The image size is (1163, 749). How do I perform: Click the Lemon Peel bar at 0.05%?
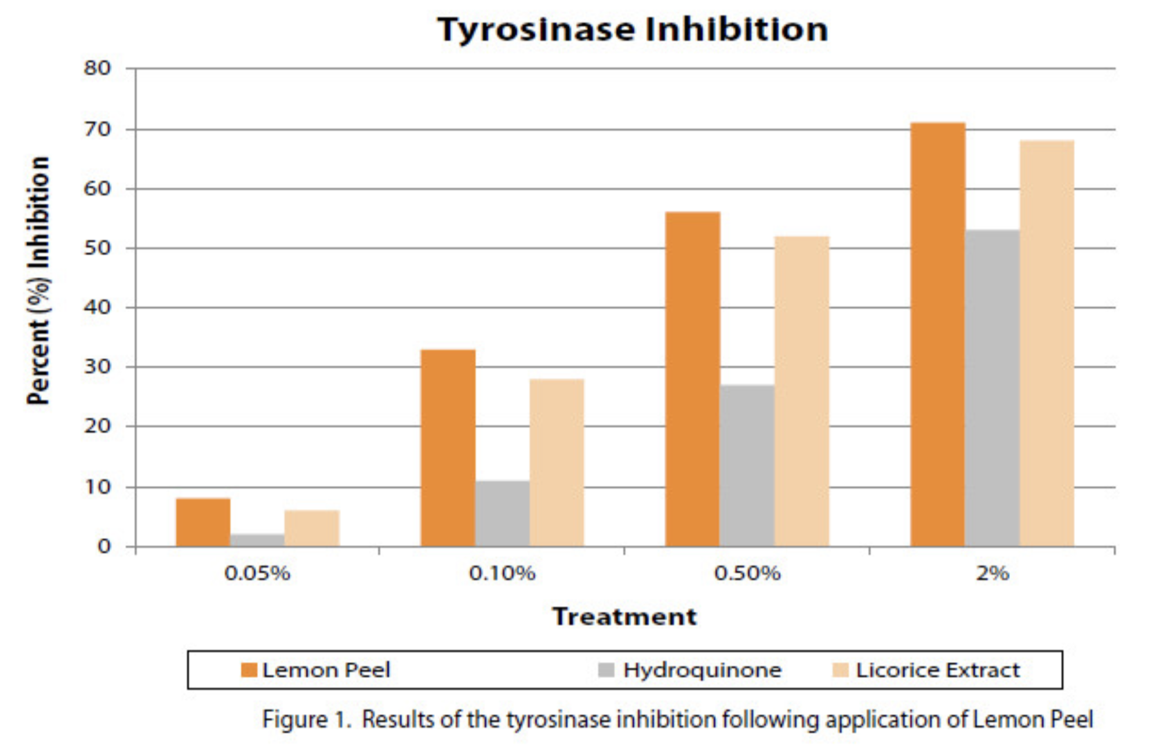point(203,522)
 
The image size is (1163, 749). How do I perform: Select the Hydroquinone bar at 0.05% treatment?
point(257,540)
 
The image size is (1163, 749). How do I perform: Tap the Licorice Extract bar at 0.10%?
point(557,462)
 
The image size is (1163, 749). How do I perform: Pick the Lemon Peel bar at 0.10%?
point(448,448)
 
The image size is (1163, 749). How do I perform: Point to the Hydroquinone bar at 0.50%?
point(747,466)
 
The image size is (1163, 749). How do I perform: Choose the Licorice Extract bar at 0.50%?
point(802,391)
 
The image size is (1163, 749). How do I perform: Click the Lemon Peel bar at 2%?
point(937,334)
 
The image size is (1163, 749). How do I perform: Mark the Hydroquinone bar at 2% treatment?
point(992,388)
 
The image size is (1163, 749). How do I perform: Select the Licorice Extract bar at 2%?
point(1046,343)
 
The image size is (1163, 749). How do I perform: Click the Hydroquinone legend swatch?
point(606,670)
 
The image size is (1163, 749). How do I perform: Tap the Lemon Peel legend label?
point(326,670)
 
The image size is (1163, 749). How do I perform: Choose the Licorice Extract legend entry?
point(937,670)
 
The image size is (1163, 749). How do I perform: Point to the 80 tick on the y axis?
point(97,68)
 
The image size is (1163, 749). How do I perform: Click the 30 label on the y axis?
point(97,366)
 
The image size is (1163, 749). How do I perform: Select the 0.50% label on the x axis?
point(747,573)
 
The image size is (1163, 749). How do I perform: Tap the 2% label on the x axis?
point(992,573)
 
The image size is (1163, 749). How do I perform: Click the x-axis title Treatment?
point(624,616)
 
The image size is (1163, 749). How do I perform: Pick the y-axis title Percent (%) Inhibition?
point(38,281)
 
